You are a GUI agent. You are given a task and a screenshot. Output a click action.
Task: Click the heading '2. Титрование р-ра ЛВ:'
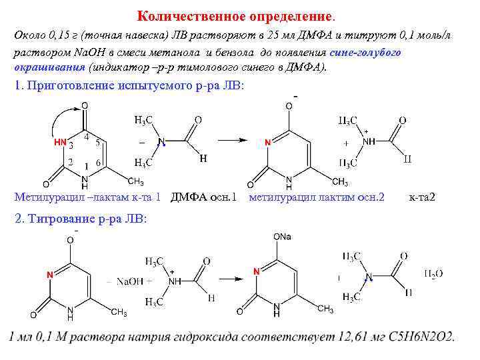click(x=79, y=219)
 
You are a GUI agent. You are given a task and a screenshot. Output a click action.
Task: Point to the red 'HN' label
click(x=59, y=142)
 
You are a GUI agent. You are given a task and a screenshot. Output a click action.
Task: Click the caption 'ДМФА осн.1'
click(x=204, y=197)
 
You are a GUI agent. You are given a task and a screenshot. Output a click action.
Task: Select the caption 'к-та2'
click(x=422, y=197)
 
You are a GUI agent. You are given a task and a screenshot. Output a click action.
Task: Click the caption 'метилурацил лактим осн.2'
click(x=316, y=197)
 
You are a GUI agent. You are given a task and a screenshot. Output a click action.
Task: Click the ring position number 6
click(x=98, y=163)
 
